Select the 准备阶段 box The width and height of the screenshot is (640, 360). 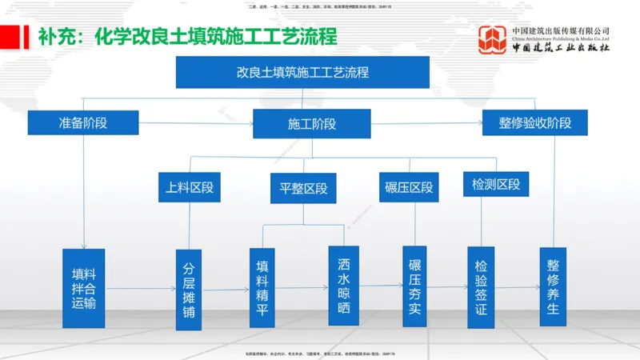pyautogui.click(x=83, y=123)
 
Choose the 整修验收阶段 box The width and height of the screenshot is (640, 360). pyautogui.click(x=535, y=123)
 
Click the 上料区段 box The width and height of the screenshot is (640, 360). pyautogui.click(x=189, y=188)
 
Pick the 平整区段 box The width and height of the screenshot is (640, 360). pyautogui.click(x=303, y=189)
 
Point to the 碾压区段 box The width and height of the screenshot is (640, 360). pyautogui.click(x=409, y=188)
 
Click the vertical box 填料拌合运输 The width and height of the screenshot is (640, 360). pyautogui.click(x=84, y=288)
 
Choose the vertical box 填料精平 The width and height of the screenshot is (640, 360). pyautogui.click(x=262, y=287)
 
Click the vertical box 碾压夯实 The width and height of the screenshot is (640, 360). pyautogui.click(x=414, y=286)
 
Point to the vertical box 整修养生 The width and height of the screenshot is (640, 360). pyautogui.click(x=553, y=286)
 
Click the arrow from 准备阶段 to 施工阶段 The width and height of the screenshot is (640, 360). pyautogui.click(x=196, y=123)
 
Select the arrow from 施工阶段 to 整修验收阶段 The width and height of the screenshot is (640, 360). pyautogui.click(x=426, y=124)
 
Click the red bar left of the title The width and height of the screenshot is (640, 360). pyautogui.click(x=10, y=37)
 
